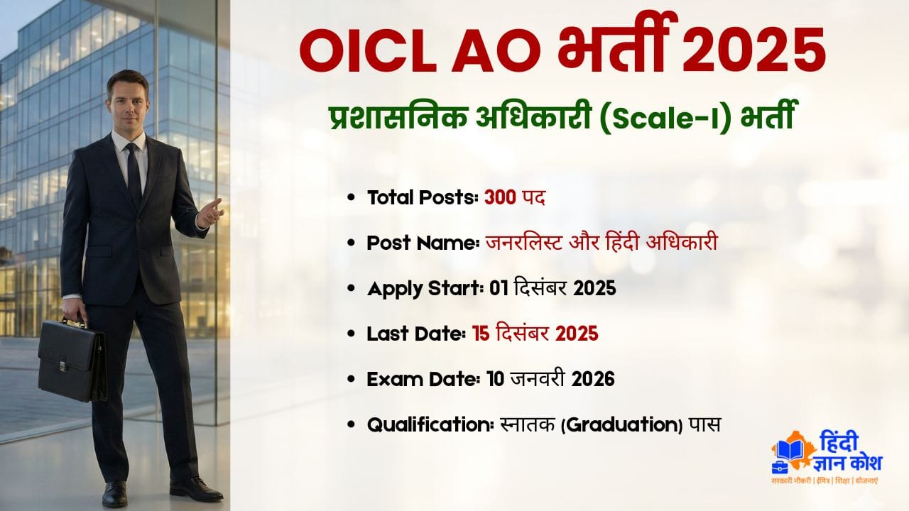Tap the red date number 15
pyautogui.click(x=481, y=334)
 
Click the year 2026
pyautogui.click(x=591, y=379)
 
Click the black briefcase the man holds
pyautogui.click(x=72, y=358)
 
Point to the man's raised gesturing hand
pyautogui.click(x=210, y=211)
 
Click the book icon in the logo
pyautogui.click(x=790, y=451)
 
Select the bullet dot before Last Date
pyautogui.click(x=352, y=334)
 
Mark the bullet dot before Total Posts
pyautogui.click(x=352, y=199)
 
